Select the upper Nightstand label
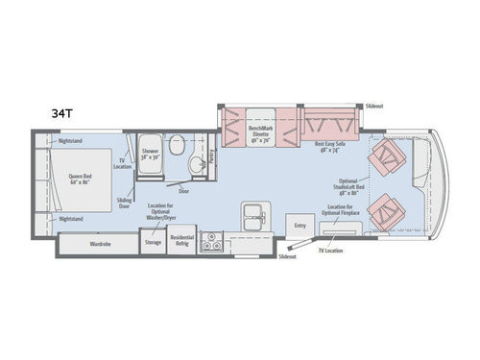coord(70,141)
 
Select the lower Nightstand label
coord(70,219)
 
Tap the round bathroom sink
coord(195,164)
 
